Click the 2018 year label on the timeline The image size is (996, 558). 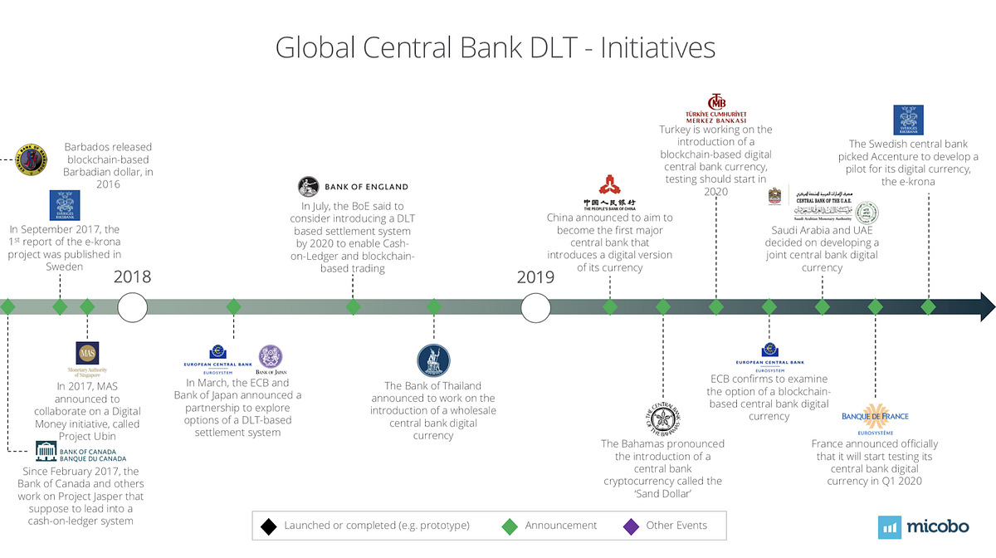click(133, 277)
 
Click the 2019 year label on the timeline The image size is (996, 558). click(535, 277)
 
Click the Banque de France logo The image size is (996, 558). click(875, 415)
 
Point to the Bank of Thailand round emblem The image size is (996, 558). click(433, 360)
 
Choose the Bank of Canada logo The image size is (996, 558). click(81, 454)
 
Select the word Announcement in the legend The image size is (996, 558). click(560, 525)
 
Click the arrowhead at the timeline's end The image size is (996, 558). click(986, 306)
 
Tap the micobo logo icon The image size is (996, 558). click(891, 527)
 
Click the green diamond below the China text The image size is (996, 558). click(610, 306)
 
